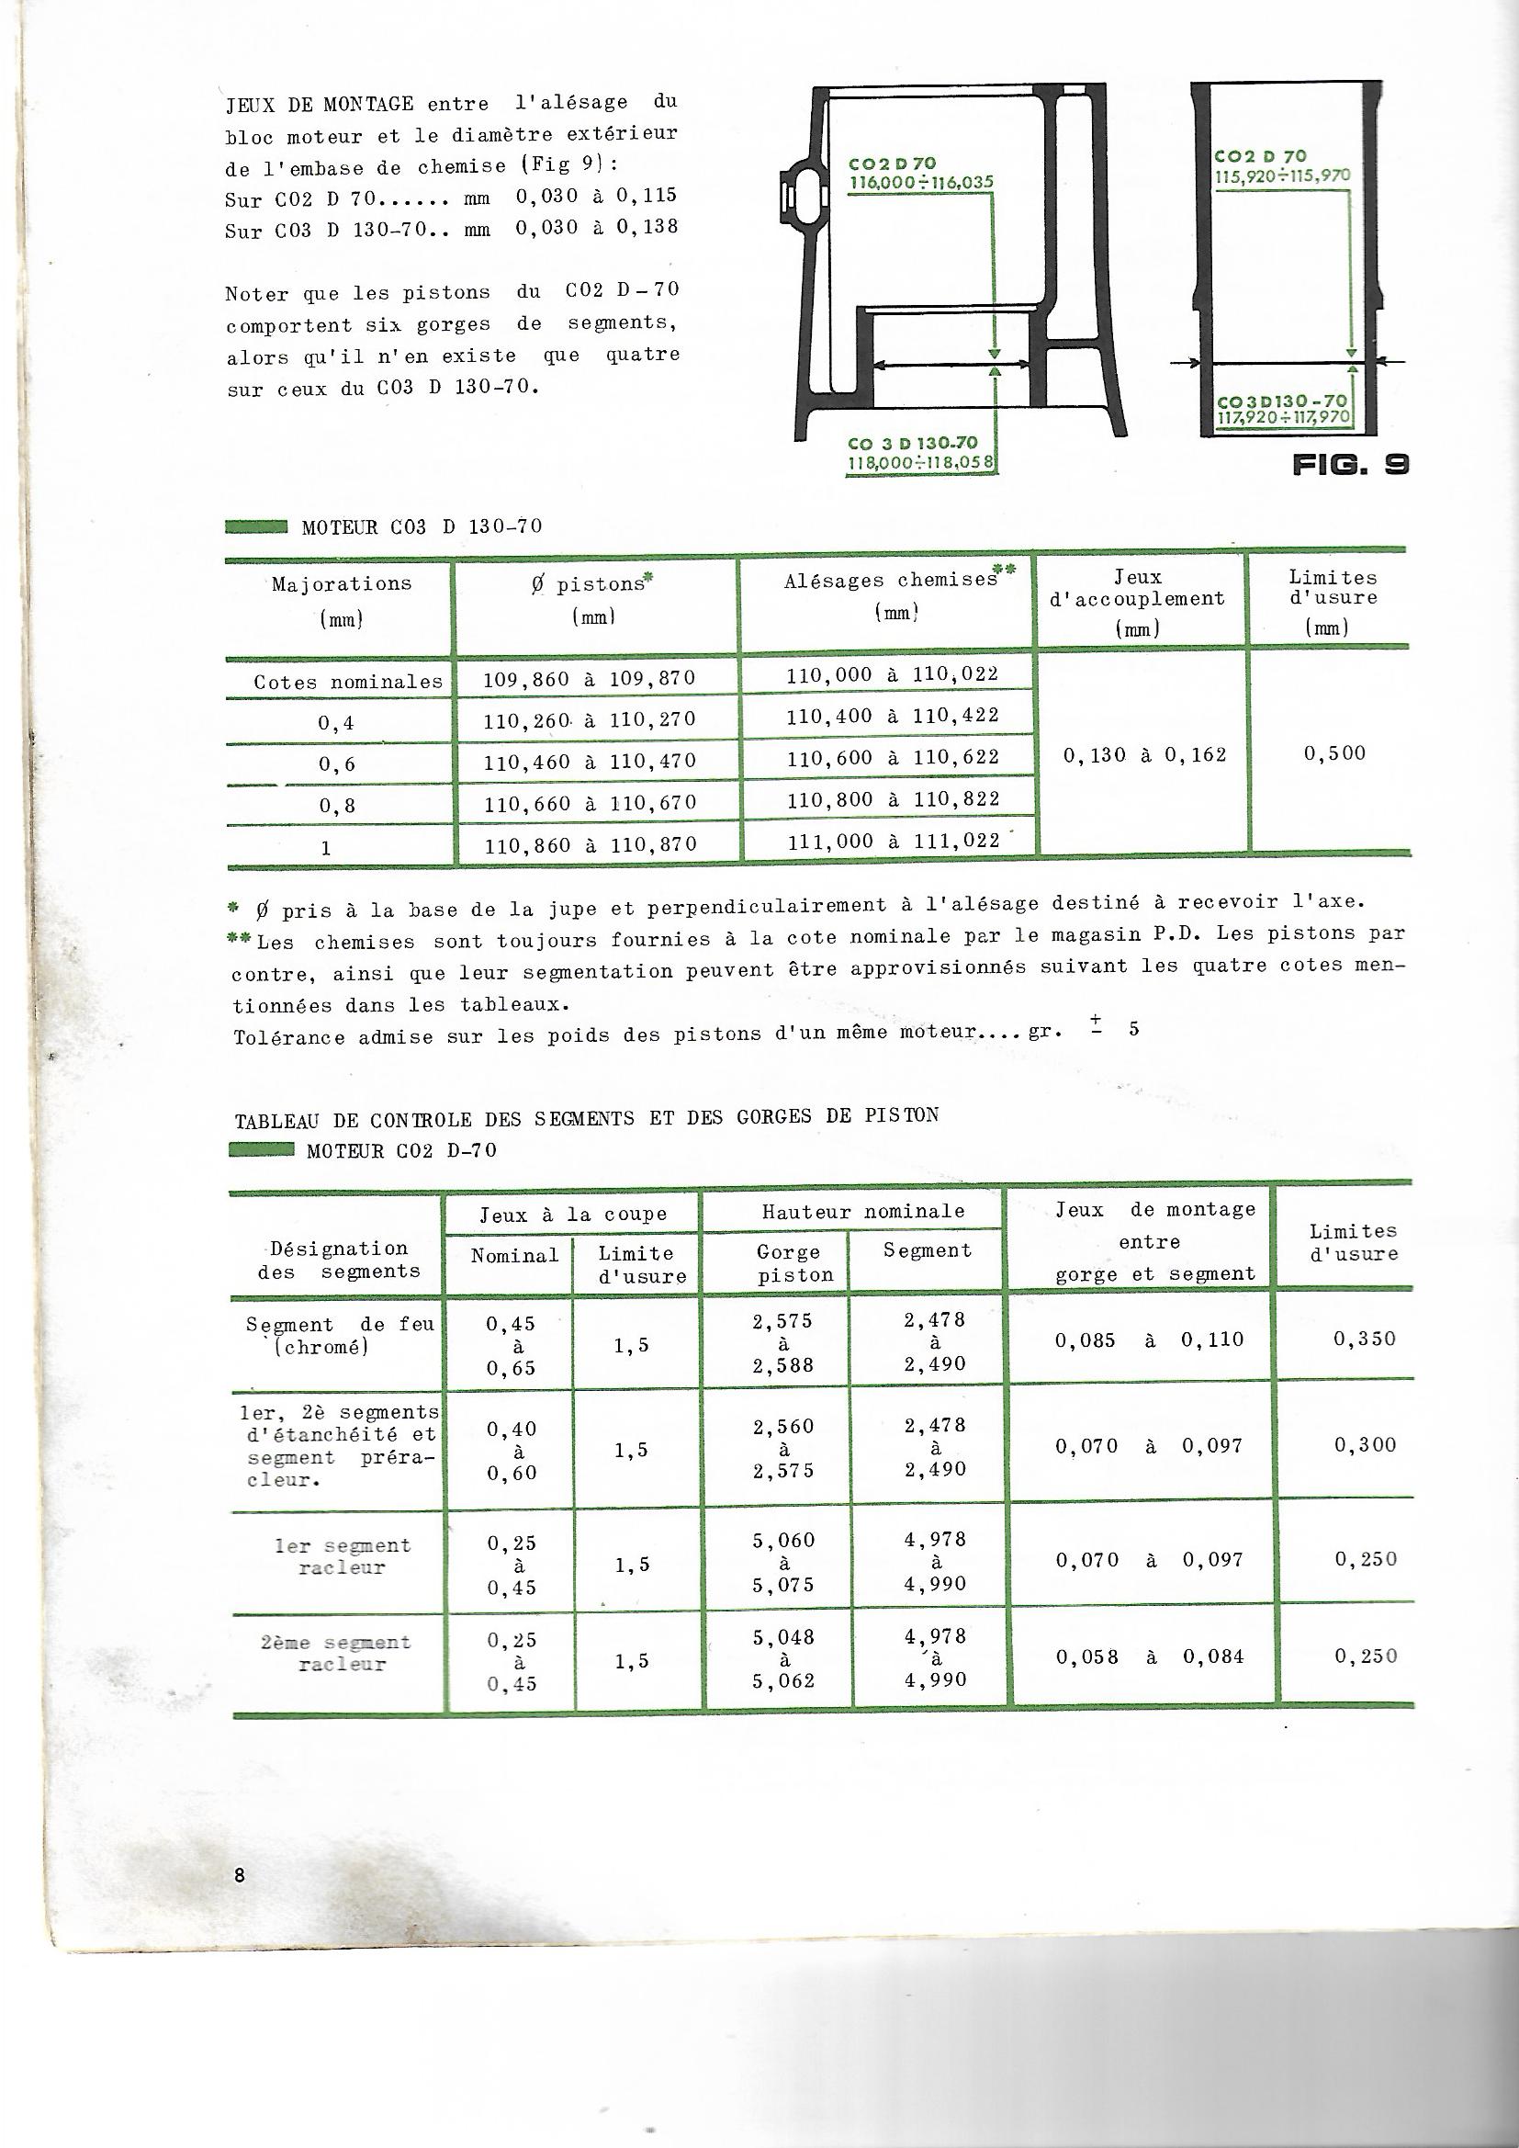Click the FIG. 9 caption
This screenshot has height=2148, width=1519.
pyautogui.click(x=1350, y=464)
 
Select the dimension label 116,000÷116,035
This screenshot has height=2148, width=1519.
pyautogui.click(x=921, y=183)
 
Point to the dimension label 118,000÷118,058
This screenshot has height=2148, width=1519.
pyautogui.click(x=921, y=461)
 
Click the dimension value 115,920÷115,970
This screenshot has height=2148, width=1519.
pyautogui.click(x=1282, y=175)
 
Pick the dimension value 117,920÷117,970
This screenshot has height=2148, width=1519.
pyautogui.click(x=1283, y=414)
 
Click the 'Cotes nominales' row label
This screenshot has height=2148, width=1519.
pyautogui.click(x=348, y=682)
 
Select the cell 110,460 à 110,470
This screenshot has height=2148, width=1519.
pyautogui.click(x=591, y=762)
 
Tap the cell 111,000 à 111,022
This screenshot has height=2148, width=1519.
pyautogui.click(x=894, y=841)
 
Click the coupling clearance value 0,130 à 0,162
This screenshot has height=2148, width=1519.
pyautogui.click(x=1145, y=755)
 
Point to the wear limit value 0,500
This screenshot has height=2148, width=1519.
pyautogui.click(x=1334, y=753)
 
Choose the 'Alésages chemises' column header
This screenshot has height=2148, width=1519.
pyautogui.click(x=891, y=580)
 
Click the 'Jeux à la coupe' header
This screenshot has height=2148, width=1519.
pyautogui.click(x=573, y=1215)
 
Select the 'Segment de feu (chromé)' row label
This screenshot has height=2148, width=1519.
pyautogui.click(x=341, y=1335)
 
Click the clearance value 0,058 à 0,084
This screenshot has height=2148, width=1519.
pyautogui.click(x=1150, y=1656)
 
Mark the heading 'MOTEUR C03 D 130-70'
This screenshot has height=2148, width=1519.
pyautogui.click(x=422, y=526)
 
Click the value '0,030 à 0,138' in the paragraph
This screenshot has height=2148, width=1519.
pyautogui.click(x=597, y=227)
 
